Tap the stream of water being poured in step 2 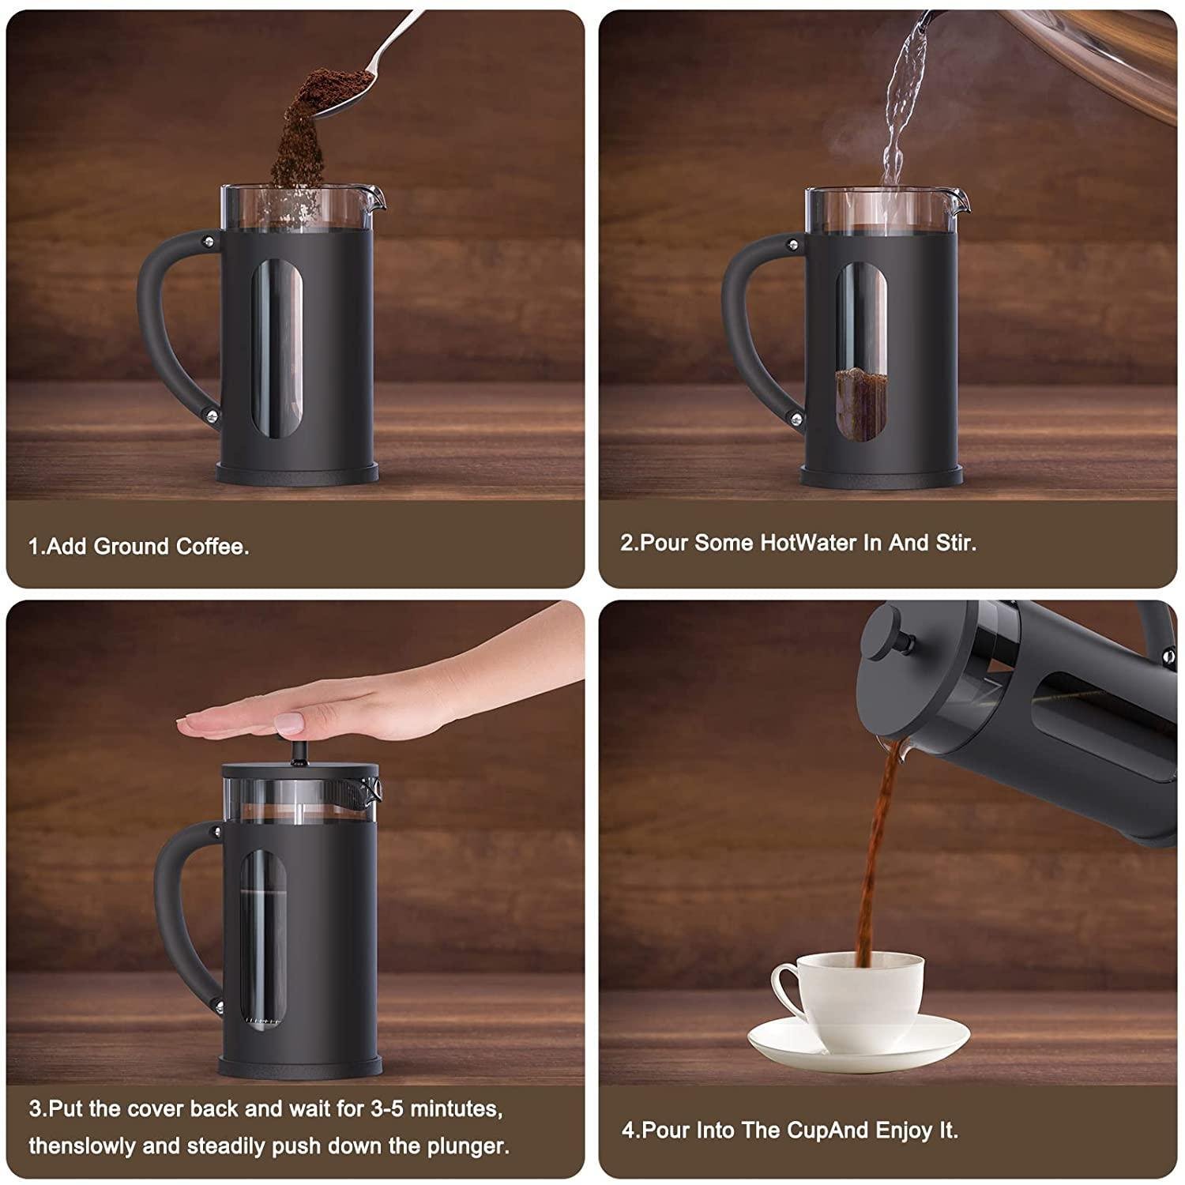click(901, 103)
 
